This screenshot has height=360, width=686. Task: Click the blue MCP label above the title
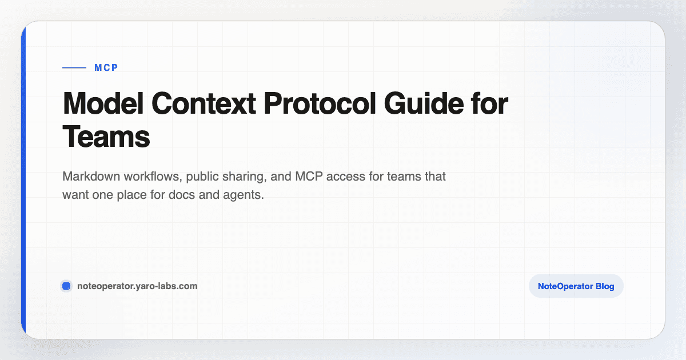pos(106,67)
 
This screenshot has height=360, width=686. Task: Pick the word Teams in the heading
pos(106,137)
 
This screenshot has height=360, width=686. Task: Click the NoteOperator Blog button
pos(576,286)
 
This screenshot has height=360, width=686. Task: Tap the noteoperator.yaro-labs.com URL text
pos(137,286)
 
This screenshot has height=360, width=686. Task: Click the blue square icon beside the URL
pos(66,286)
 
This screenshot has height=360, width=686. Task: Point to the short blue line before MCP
pos(74,67)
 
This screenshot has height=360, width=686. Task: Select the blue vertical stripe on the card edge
pos(23,180)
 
